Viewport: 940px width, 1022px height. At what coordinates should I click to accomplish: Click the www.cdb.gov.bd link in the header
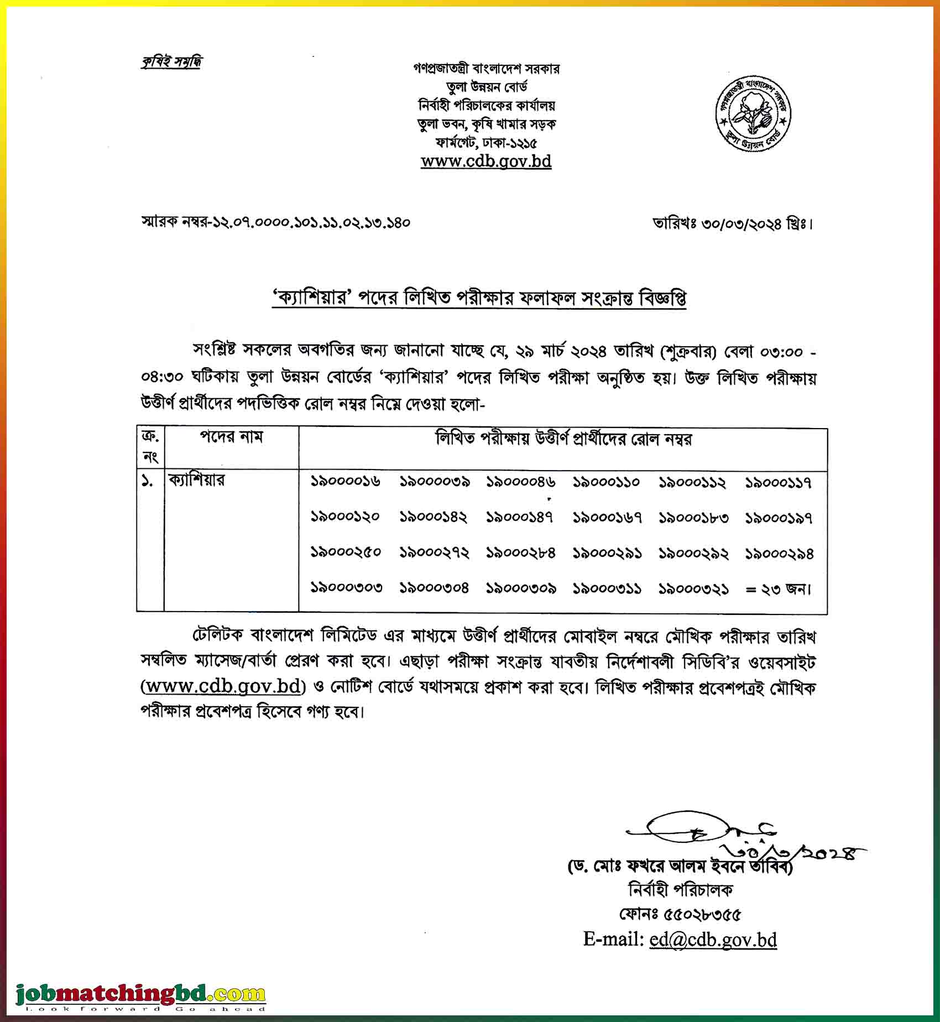[486, 161]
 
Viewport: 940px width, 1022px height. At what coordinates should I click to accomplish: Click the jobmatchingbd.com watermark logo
[141, 995]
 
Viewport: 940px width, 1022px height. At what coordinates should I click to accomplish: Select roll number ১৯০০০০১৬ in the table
[346, 482]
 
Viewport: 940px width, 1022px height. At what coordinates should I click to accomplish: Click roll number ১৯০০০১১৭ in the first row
[779, 483]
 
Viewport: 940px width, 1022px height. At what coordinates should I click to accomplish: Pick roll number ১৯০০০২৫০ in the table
[346, 552]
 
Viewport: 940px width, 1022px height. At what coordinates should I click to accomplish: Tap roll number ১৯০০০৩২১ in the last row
[693, 589]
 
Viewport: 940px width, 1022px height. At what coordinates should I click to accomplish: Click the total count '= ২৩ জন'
[779, 590]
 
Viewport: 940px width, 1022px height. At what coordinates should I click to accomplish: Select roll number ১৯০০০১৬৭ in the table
[607, 518]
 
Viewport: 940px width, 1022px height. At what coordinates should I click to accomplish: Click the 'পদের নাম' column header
[231, 437]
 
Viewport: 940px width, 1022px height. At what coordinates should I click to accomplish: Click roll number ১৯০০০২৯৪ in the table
[779, 554]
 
